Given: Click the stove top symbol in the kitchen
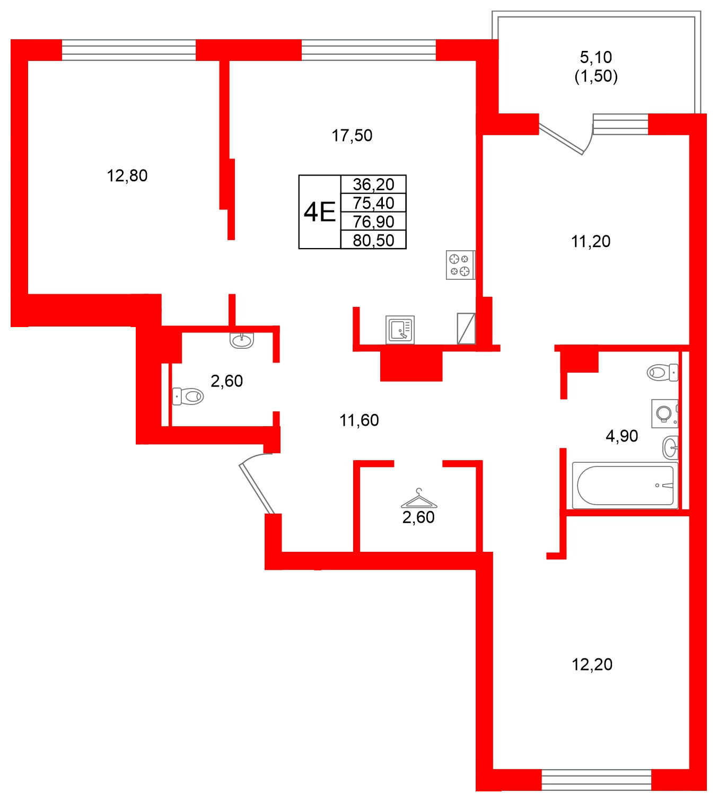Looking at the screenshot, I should tap(460, 265).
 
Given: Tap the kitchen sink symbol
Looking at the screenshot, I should tap(400, 330).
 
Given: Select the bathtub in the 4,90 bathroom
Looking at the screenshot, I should tap(625, 486).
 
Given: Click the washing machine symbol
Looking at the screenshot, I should tap(664, 413).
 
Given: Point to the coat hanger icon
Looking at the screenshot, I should tap(419, 499).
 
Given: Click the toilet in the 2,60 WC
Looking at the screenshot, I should tap(188, 396).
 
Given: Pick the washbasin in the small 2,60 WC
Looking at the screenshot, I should tap(242, 340).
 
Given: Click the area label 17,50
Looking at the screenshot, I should tap(352, 136).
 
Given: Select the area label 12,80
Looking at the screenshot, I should tap(127, 175).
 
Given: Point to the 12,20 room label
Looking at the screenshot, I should tap(592, 664).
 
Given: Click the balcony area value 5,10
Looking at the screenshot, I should tap(596, 57).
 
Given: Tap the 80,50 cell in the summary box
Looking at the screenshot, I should tap(373, 240).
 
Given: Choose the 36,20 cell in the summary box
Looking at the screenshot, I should tap(373, 184).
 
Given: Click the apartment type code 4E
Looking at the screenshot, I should tap(320, 212).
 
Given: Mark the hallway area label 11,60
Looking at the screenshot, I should tap(359, 420).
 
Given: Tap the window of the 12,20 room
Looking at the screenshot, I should tap(596, 780).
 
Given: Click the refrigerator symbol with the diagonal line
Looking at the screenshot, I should tap(466, 329).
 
